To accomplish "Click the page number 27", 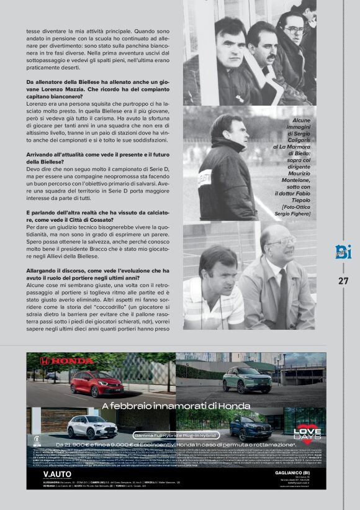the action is (343, 280).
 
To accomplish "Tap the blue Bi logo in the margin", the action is (343, 252).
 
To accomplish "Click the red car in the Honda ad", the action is (96, 383).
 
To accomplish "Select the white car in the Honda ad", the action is (92, 427).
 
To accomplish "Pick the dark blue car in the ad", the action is (250, 427).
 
